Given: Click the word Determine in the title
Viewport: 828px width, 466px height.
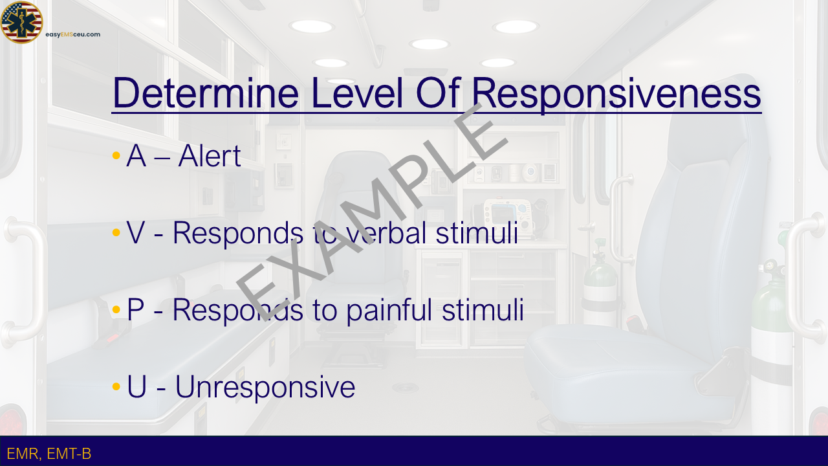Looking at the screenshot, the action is click(x=206, y=93).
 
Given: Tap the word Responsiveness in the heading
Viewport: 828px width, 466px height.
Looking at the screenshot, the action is click(x=616, y=94).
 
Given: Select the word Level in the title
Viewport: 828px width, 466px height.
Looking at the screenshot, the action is click(x=357, y=93).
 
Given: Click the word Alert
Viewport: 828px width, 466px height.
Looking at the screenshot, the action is click(x=210, y=156).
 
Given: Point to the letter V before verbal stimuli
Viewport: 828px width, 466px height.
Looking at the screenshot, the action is click(x=135, y=232).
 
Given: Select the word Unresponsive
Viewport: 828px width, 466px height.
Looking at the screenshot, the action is click(x=265, y=387).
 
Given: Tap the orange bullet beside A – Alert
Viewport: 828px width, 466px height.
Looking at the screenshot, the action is click(x=116, y=155).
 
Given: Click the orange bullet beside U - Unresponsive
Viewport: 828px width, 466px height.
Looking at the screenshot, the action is click(x=116, y=386).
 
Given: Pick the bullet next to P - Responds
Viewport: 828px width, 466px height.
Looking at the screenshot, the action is click(x=116, y=309).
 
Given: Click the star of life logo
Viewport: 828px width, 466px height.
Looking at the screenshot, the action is click(x=21, y=22).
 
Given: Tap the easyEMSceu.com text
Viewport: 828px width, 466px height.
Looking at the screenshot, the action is click(x=73, y=34).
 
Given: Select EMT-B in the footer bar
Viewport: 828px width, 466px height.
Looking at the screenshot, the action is click(x=69, y=454).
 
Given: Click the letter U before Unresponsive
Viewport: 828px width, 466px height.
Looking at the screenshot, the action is click(x=136, y=386).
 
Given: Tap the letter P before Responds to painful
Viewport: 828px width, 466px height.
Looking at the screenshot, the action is click(x=135, y=309).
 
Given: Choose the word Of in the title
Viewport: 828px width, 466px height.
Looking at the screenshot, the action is click(x=438, y=93).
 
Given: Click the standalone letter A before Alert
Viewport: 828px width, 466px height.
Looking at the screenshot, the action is click(x=136, y=156).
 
